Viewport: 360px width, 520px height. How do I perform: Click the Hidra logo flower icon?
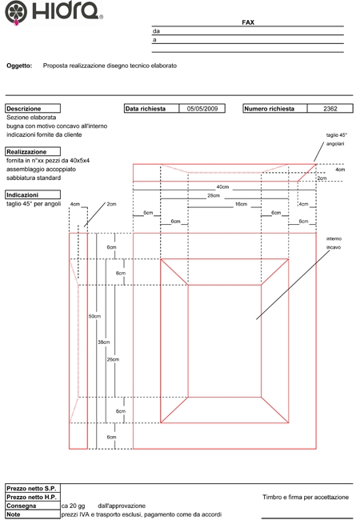(x=16, y=12)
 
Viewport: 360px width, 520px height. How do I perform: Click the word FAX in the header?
(x=248, y=22)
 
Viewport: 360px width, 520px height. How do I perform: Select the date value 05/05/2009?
(x=202, y=109)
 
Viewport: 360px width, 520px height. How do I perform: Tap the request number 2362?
(x=330, y=109)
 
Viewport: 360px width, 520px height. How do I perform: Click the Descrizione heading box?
(x=33, y=109)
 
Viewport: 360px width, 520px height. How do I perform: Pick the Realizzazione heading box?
(x=33, y=151)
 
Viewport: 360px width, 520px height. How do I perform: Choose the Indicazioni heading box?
(x=33, y=194)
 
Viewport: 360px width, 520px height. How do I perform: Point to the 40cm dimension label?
(x=222, y=187)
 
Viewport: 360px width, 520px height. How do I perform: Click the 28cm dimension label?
(x=214, y=196)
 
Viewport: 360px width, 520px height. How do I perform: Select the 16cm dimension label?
(x=241, y=204)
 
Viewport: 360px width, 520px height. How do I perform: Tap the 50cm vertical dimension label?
(x=94, y=316)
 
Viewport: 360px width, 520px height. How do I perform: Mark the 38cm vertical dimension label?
(x=103, y=342)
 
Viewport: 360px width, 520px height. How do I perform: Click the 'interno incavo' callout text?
(x=334, y=243)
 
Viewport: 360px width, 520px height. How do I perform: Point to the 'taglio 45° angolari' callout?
(x=336, y=139)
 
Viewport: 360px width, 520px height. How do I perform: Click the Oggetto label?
(x=19, y=66)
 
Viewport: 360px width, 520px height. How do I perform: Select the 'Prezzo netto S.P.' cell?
(x=33, y=489)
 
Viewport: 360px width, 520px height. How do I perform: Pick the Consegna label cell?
(x=33, y=506)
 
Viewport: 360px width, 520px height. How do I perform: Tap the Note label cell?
(x=33, y=514)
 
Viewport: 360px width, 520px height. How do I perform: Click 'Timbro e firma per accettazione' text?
(x=306, y=497)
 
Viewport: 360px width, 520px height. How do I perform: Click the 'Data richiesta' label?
(x=145, y=109)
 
